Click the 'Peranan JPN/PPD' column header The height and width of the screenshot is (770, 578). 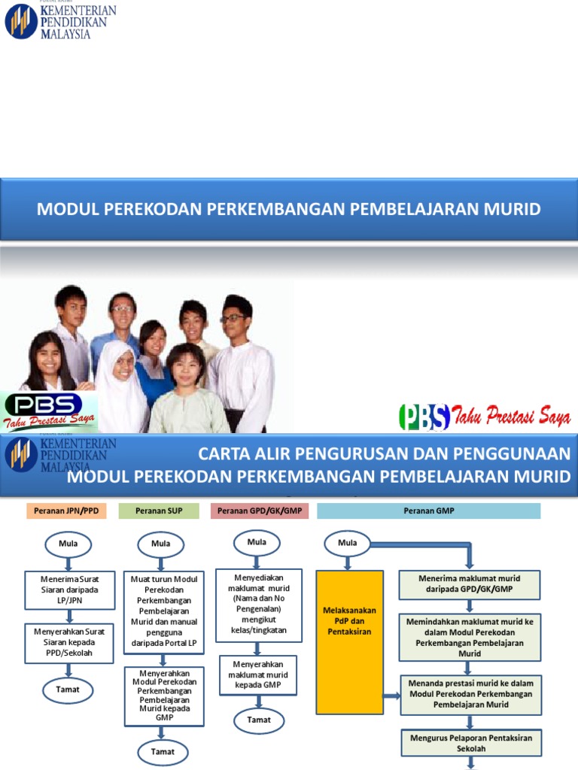pyautogui.click(x=66, y=511)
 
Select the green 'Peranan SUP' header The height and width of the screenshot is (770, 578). pyautogui.click(x=159, y=511)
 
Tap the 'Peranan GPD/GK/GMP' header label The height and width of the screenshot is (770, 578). pyautogui.click(x=259, y=511)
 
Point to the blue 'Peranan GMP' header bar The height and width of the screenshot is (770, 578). pyautogui.click(x=429, y=511)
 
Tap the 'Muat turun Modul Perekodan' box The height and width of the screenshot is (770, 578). pyautogui.click(x=163, y=611)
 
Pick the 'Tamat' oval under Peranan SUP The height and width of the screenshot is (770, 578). pyautogui.click(x=163, y=752)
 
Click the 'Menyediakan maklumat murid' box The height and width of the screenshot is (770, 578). pyautogui.click(x=258, y=605)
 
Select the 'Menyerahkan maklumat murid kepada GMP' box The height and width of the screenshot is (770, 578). pyautogui.click(x=258, y=675)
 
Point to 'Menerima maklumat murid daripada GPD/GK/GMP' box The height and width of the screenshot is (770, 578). pyautogui.click(x=470, y=584)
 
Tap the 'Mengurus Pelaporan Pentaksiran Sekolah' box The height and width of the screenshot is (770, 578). pyautogui.click(x=470, y=744)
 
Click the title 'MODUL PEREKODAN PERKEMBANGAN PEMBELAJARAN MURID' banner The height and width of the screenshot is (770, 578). pyautogui.click(x=289, y=209)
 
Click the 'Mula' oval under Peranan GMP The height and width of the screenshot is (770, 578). pyautogui.click(x=347, y=544)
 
